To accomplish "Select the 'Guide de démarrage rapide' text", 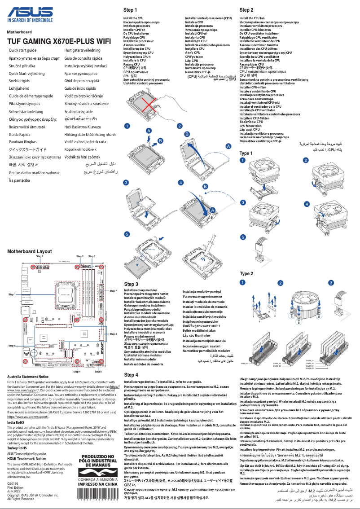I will (x=31, y=96).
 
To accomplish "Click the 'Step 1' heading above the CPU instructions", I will (x=130, y=9).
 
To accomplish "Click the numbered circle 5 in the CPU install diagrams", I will (x=127, y=234).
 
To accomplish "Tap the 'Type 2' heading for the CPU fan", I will (x=246, y=273).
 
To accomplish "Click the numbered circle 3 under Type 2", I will (x=331, y=283).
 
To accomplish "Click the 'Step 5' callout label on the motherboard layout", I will (x=11, y=346).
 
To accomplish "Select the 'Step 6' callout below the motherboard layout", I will (x=98, y=372).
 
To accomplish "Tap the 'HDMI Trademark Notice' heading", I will (x=26, y=458).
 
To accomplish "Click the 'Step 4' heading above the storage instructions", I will (x=131, y=374).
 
